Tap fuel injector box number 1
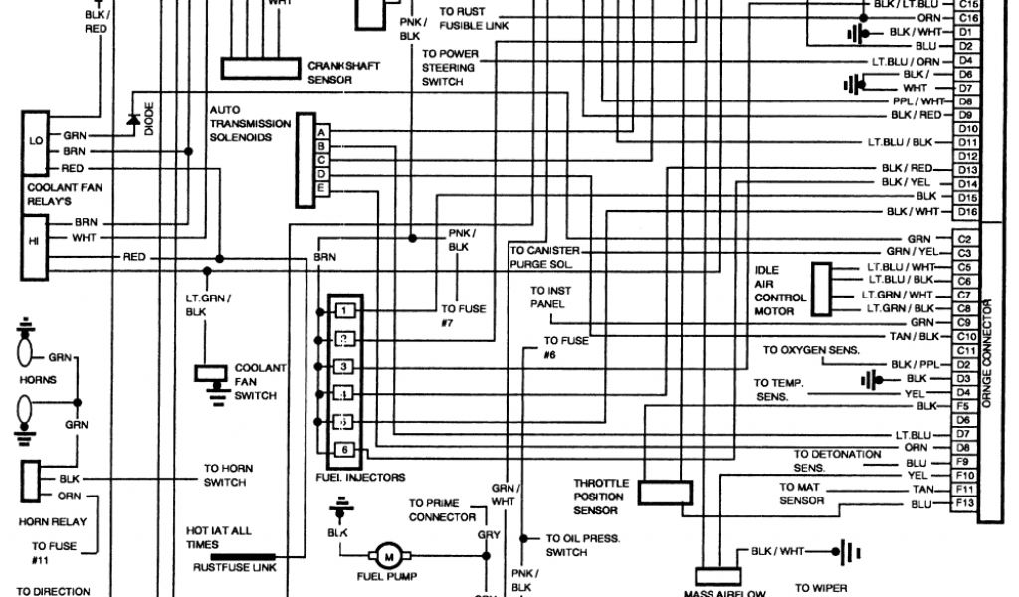pos(343,312)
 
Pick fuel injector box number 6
pos(343,451)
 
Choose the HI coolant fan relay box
pos(36,239)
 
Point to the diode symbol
pos(132,120)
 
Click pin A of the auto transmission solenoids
pos(321,132)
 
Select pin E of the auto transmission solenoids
pos(321,188)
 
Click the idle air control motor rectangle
pos(821,289)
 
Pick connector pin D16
pos(966,212)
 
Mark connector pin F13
pos(964,504)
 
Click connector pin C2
pos(964,239)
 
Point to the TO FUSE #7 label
pos(464,315)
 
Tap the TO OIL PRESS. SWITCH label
pos(582,545)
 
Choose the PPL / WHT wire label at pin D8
pos(918,101)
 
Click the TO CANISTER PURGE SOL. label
pos(544,258)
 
